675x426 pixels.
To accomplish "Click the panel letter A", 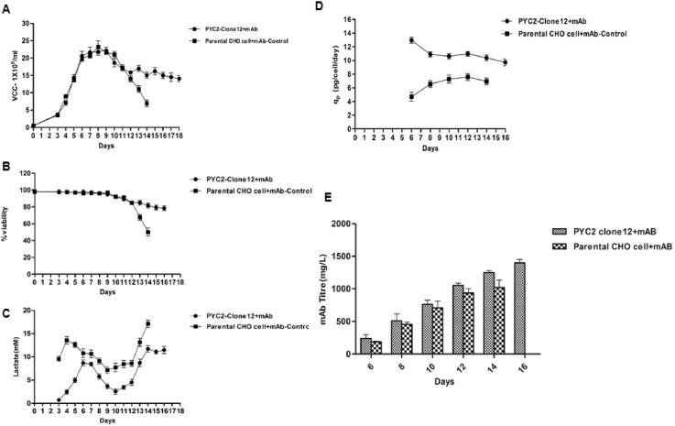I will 6,8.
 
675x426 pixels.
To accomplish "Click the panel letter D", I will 345,8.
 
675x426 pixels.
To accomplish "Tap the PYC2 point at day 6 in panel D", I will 412,40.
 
